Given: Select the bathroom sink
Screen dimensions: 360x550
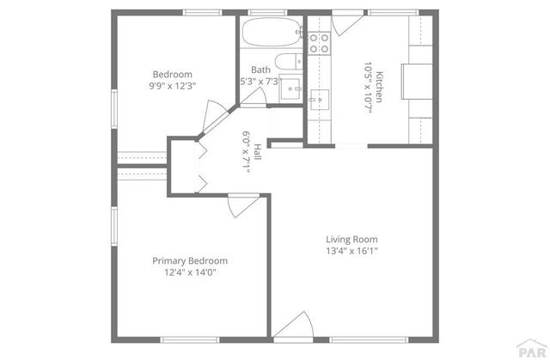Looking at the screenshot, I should pos(290,88).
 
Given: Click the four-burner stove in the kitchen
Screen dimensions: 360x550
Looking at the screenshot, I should pos(320,42).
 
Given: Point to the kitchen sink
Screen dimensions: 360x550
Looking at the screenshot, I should pos(321,100).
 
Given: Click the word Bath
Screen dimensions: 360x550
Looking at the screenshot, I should pos(260,70).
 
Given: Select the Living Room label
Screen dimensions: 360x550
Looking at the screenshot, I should pos(351,240).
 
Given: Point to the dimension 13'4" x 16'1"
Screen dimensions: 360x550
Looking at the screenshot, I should pos(351,252).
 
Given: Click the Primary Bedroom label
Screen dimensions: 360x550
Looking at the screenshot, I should pos(190,260).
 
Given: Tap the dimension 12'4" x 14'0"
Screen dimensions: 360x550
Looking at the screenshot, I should pos(190,272).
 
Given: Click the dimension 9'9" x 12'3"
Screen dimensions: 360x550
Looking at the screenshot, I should pos(172,86).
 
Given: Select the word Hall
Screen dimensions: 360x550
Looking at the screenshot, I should pos(257,153).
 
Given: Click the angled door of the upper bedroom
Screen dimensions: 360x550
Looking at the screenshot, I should pos(213,117).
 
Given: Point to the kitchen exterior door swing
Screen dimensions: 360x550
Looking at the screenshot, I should pos(349,22).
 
